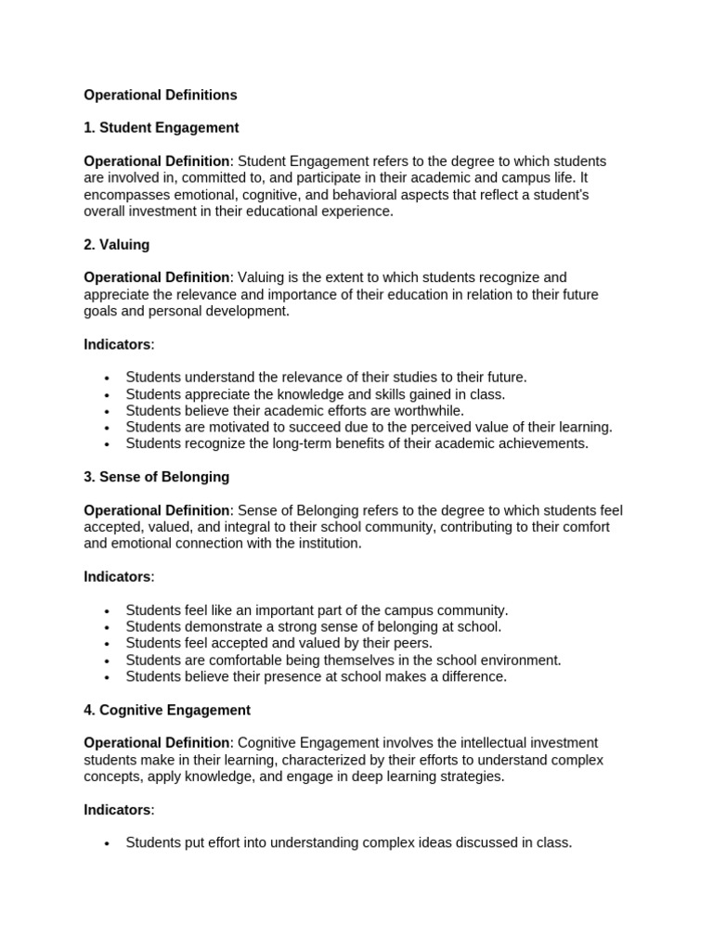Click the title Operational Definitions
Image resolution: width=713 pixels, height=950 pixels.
pyautogui.click(x=161, y=95)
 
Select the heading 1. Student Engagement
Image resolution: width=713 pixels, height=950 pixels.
pyautogui.click(x=162, y=128)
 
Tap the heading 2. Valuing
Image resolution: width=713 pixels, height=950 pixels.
pyautogui.click(x=117, y=245)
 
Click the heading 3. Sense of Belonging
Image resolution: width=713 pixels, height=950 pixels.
pyautogui.click(x=157, y=477)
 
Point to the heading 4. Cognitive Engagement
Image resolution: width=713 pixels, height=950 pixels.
pyautogui.click(x=167, y=710)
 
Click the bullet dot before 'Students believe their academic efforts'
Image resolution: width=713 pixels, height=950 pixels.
pyautogui.click(x=108, y=411)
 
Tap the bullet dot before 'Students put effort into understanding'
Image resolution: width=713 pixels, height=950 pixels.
pyautogui.click(x=108, y=844)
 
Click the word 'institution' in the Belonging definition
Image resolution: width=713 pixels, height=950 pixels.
pyautogui.click(x=324, y=544)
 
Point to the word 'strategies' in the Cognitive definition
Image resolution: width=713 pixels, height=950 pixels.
pyautogui.click(x=470, y=777)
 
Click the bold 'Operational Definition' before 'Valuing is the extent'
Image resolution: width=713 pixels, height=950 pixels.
pyautogui.click(x=157, y=277)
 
